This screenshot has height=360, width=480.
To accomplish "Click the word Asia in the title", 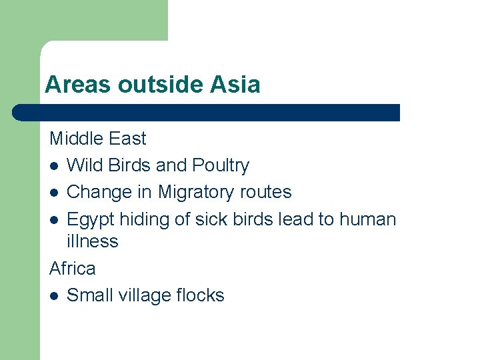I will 235,85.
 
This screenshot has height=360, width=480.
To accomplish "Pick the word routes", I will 267,192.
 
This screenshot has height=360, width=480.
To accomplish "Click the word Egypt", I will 91,219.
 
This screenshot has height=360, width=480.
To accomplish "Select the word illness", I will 92,241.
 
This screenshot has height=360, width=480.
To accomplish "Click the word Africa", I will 73,269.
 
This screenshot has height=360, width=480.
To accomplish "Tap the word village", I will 143,295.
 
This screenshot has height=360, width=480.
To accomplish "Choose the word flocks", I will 199,295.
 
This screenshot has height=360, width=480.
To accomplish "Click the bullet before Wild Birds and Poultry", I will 53,166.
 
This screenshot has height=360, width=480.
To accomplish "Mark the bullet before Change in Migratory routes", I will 53,193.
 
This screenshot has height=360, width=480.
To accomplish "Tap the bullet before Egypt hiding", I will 53,220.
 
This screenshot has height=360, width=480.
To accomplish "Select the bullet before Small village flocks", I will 53,296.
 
